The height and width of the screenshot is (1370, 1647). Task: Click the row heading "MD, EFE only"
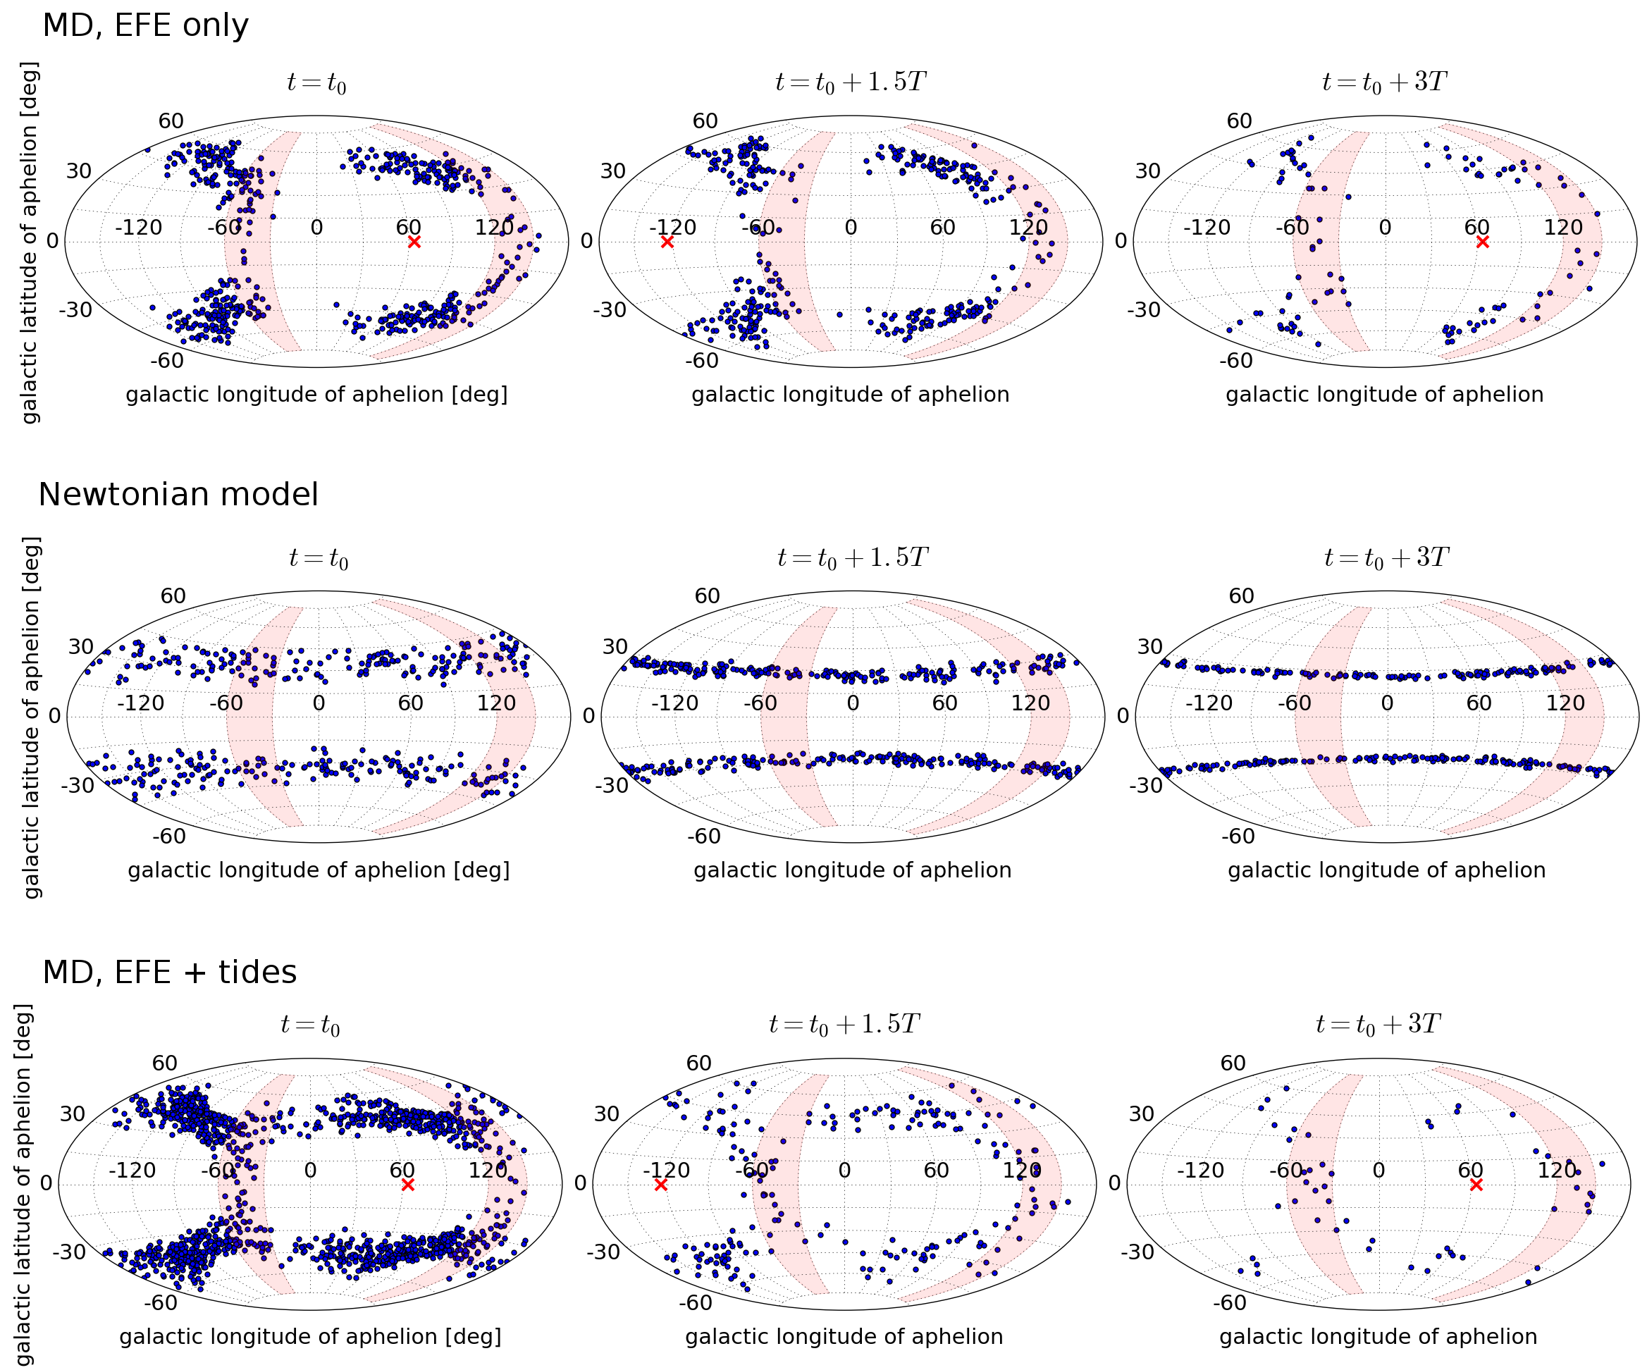tap(145, 26)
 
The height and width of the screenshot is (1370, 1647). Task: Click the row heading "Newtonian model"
tap(178, 495)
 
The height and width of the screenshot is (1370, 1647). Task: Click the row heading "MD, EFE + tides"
tap(169, 973)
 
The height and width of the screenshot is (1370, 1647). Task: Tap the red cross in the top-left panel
tap(414, 242)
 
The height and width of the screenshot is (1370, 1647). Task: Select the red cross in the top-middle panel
tap(667, 242)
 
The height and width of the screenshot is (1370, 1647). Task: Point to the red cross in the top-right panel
tap(1482, 242)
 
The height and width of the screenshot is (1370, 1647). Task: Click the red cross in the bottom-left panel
tap(407, 1184)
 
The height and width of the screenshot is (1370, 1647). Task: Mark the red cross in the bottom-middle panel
tap(660, 1184)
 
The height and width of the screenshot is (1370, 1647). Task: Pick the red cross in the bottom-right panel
tap(1476, 1184)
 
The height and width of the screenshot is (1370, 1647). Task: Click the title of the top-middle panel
tap(851, 82)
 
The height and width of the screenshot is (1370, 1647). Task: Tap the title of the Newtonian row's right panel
tap(1387, 557)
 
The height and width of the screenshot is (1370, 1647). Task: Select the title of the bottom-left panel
tap(311, 1025)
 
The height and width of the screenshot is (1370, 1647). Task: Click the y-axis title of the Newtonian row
tap(32, 717)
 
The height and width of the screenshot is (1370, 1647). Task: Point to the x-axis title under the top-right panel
tap(1384, 395)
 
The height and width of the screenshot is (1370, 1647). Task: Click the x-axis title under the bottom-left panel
tap(311, 1337)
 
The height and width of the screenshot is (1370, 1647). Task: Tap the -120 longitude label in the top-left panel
tap(139, 228)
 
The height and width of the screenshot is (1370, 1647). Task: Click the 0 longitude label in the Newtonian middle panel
tap(853, 703)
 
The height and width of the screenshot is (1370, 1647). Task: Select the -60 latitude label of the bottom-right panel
tap(1229, 1302)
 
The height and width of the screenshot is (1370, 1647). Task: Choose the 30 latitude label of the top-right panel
tap(1147, 171)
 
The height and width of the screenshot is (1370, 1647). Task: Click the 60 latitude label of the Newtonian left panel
tap(173, 596)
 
